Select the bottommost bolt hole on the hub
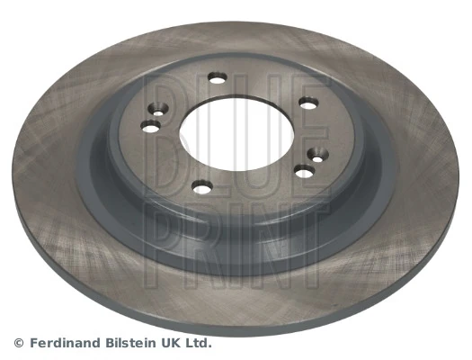click(x=203, y=187)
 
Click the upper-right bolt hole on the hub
click(x=307, y=104)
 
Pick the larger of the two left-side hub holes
click(x=151, y=125)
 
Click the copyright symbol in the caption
click(x=19, y=343)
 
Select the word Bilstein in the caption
click(x=134, y=343)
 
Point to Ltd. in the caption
click(x=200, y=343)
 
